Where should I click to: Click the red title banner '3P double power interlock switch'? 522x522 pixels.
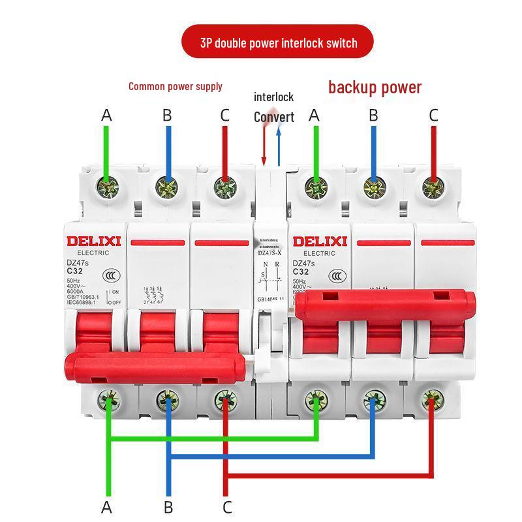coord(278,43)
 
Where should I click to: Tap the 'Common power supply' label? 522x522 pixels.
coord(175,86)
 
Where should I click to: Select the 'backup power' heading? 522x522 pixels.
coord(375,87)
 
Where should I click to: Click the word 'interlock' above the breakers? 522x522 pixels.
coord(273,97)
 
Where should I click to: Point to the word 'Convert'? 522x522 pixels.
coord(273,117)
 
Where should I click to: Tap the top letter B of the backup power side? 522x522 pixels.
coord(373,115)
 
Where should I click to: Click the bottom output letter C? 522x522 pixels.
coord(227,506)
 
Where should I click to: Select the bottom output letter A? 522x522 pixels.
coord(106,506)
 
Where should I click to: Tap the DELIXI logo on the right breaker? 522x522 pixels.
coord(320,241)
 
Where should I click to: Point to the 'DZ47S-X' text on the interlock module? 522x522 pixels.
coord(269,253)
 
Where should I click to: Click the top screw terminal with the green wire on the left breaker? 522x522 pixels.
coord(107,188)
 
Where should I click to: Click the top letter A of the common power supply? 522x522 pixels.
coord(107,115)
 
